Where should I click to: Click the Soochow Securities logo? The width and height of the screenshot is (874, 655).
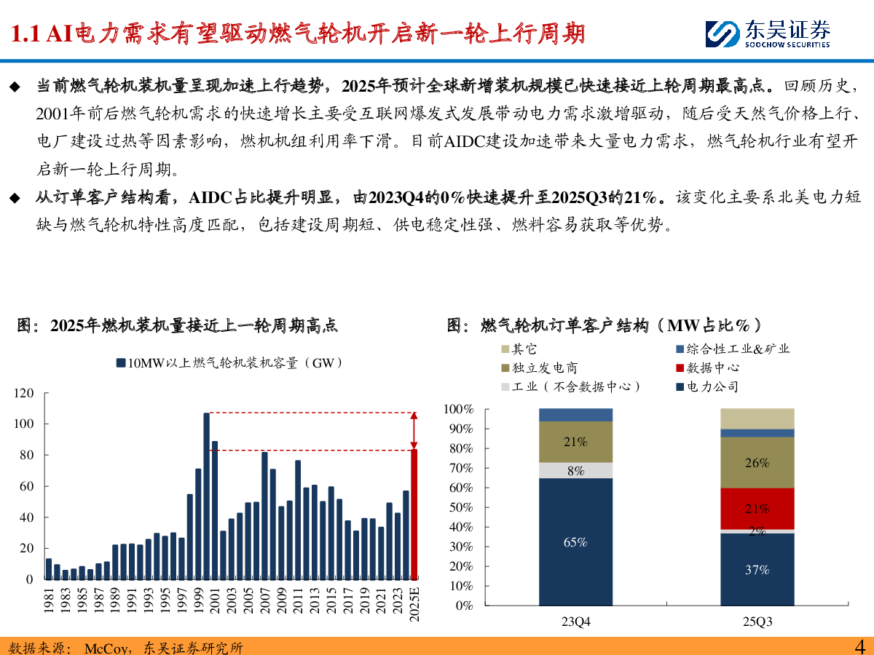(x=768, y=33)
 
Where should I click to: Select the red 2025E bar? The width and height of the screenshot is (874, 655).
(x=414, y=514)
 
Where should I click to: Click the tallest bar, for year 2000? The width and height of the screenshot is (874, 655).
(x=206, y=496)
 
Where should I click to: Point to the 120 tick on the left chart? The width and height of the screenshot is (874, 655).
(x=25, y=393)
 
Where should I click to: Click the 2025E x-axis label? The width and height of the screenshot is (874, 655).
(x=414, y=606)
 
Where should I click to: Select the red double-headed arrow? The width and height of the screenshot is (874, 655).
(x=414, y=431)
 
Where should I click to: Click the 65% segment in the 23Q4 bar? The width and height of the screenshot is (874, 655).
(x=575, y=541)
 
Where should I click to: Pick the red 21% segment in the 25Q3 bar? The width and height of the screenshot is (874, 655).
(x=757, y=508)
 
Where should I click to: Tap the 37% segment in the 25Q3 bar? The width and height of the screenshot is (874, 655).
(x=757, y=569)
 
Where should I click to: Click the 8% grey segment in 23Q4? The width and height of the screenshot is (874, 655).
(x=575, y=470)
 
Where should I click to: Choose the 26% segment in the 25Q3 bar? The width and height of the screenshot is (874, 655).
(x=757, y=462)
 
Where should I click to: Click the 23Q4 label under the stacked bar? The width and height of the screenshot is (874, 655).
(x=575, y=623)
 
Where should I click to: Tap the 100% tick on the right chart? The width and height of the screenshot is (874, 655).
(x=459, y=410)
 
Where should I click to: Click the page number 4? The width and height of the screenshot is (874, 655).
(x=859, y=646)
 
